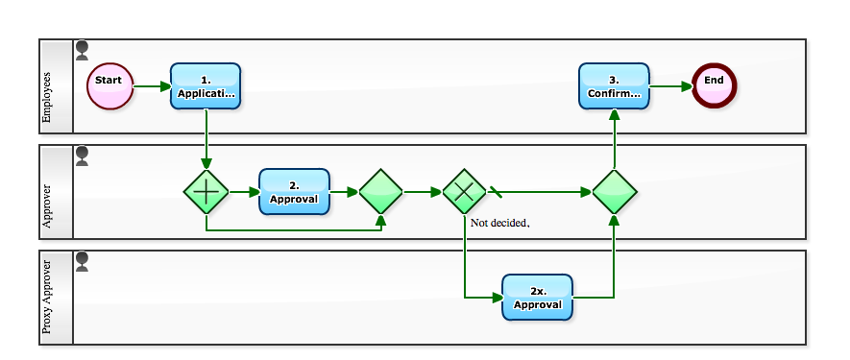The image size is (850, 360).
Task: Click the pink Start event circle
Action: pos(109,86)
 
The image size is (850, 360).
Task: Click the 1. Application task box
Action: pos(206,86)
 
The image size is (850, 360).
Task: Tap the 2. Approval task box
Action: pos(294,192)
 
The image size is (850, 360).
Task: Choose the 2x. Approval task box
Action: pos(537,298)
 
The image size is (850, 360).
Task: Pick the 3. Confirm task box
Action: pos(614,86)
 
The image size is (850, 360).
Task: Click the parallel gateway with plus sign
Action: pos(206,192)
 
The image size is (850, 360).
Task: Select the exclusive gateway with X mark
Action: pos(465,192)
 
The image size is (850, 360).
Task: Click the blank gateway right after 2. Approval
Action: pos(380,192)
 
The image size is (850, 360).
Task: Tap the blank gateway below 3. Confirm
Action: pos(614,192)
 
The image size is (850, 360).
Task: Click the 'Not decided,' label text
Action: pos(499,223)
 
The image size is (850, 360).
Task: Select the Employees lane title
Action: pos(48,86)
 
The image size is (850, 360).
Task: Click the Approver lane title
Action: pos(48,192)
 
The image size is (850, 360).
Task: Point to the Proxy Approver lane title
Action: pos(48,298)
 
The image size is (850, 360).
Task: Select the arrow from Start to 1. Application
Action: pos(152,86)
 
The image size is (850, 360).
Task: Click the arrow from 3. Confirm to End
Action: pos(669,86)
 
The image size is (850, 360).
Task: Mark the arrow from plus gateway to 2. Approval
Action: pos(244,192)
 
